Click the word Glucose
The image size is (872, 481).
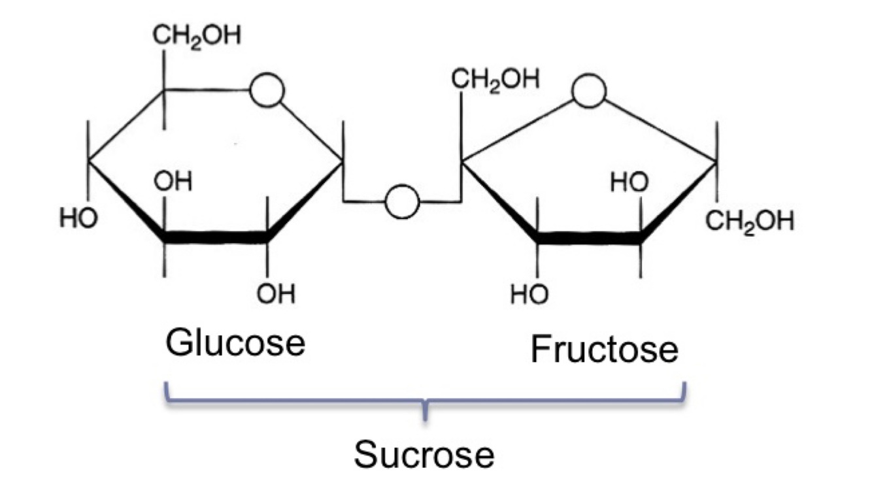tap(235, 342)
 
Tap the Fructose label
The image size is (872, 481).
tap(604, 349)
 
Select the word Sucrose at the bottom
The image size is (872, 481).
tap(424, 454)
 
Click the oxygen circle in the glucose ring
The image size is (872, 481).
tap(267, 90)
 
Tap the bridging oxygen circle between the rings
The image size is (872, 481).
tap(402, 201)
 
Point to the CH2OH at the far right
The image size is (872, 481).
tap(750, 222)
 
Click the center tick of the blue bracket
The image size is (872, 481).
tap(426, 412)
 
